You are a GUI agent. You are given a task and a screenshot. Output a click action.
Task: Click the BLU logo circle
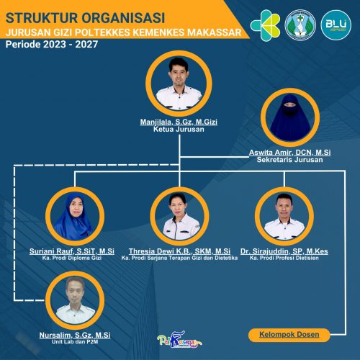click(x=336, y=25)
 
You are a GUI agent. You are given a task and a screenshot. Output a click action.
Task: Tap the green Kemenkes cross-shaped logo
click(x=265, y=25)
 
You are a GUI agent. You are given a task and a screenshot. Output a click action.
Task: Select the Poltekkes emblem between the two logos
click(x=300, y=25)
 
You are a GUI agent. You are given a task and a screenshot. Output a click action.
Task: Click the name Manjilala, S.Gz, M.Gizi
click(x=179, y=122)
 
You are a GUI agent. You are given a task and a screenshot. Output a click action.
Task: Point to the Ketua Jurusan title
click(x=179, y=130)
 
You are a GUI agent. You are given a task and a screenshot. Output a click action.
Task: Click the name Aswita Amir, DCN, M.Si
click(x=289, y=153)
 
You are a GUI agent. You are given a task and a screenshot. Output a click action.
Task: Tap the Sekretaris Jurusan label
click(x=289, y=160)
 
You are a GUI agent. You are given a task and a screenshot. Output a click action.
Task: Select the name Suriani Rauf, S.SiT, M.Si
click(x=72, y=251)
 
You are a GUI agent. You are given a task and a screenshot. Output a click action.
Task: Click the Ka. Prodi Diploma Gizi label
click(x=72, y=258)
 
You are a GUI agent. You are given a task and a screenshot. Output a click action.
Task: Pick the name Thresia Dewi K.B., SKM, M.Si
click(x=179, y=251)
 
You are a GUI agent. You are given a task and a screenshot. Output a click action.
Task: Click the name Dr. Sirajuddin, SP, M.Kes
click(x=284, y=251)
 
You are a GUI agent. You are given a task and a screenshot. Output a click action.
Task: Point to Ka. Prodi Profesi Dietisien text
click(x=284, y=258)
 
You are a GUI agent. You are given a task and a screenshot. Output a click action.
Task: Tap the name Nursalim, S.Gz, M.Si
click(x=75, y=335)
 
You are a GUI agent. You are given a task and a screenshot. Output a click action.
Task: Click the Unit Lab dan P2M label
click(x=75, y=342)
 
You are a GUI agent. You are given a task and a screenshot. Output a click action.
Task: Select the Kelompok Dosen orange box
click(x=289, y=335)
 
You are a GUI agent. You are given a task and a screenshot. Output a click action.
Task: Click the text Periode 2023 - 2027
click(x=52, y=45)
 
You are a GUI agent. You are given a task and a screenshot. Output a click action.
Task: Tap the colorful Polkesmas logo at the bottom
click(x=179, y=340)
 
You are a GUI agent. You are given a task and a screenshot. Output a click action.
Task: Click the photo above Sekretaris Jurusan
click(x=290, y=117)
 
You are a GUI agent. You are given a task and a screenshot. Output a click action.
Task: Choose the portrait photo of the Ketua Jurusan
click(x=179, y=84)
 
